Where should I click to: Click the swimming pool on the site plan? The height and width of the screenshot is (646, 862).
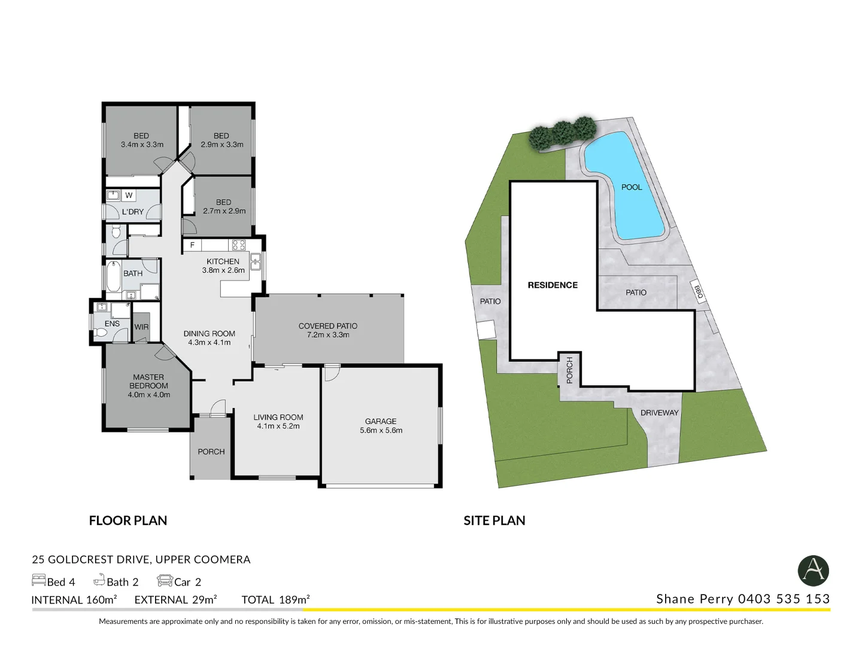626,191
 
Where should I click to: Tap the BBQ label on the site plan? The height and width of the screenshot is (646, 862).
698,292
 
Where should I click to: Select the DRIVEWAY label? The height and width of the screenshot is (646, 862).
659,413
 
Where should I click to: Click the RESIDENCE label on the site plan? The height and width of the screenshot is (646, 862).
553,285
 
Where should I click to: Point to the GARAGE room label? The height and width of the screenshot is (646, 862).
381,422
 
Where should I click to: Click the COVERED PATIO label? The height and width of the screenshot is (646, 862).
327,326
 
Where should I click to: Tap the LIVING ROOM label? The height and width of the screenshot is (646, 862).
278,418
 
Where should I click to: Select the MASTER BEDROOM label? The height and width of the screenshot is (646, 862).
148,382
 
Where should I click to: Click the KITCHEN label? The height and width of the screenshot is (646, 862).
223,261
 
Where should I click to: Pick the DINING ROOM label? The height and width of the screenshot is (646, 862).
209,334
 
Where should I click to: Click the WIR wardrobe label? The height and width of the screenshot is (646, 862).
141,327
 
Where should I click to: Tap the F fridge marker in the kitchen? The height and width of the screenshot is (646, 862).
192,245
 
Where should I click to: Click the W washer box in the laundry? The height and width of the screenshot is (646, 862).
129,196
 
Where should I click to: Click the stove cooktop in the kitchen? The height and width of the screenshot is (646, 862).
239,245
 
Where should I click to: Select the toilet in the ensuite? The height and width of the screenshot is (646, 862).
100,333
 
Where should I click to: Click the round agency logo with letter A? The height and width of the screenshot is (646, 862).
813,571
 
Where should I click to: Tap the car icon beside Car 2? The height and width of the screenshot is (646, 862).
165,581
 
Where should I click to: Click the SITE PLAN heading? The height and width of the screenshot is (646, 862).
494,521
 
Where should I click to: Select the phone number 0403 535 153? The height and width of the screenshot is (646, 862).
784,599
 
